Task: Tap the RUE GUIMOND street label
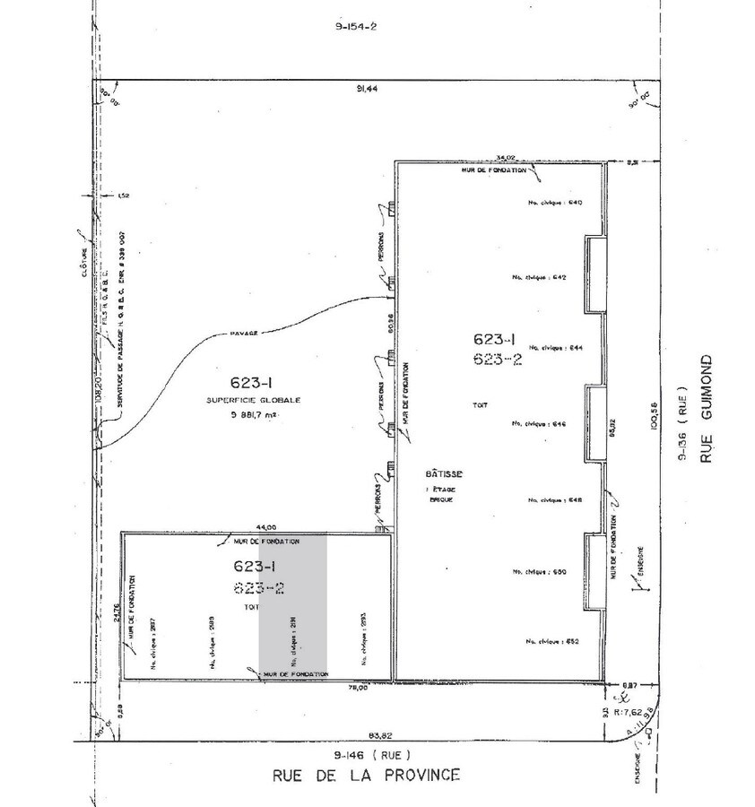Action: [x=707, y=409]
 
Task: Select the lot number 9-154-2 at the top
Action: [x=356, y=27]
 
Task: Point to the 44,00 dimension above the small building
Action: [x=266, y=527]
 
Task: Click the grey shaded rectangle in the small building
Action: [x=293, y=605]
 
